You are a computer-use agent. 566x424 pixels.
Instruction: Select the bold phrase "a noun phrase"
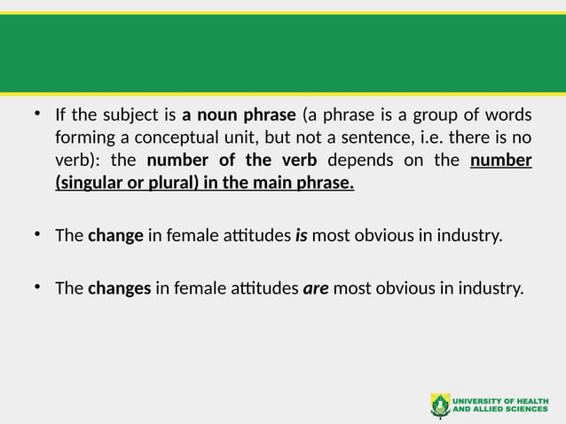[x=239, y=116]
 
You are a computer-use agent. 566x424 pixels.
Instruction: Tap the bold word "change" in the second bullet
[x=115, y=237]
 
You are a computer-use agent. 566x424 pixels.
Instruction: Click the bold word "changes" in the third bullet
[x=119, y=288]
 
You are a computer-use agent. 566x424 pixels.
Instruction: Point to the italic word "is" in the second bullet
[x=301, y=237]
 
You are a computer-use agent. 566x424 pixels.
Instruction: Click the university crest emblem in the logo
[x=440, y=404]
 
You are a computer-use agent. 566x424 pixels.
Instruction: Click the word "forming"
[x=83, y=138]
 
